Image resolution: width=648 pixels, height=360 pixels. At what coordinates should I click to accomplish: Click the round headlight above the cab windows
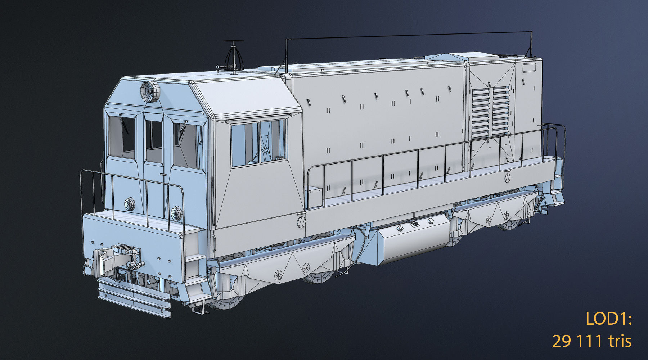point(149,91)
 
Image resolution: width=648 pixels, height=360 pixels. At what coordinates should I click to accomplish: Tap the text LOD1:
point(608,319)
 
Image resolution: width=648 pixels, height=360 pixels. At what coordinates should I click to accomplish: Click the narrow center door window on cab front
point(154,135)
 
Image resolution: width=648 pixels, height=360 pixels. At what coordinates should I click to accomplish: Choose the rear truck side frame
point(493,212)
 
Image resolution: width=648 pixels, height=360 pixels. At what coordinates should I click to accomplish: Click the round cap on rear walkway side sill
point(508,177)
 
